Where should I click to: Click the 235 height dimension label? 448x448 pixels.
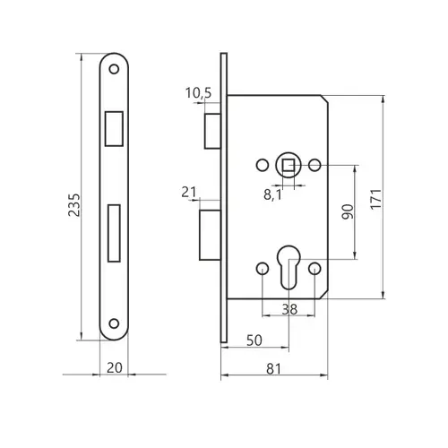(x=74, y=205)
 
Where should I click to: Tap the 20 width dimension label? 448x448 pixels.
(x=115, y=367)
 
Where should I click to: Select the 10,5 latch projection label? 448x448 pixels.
(x=198, y=93)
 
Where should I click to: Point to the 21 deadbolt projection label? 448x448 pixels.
(x=189, y=192)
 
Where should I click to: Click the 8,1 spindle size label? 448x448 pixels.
(x=272, y=194)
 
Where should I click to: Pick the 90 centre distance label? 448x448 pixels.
(x=348, y=211)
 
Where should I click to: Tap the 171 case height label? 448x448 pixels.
(x=376, y=199)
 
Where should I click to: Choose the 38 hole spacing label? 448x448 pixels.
(x=289, y=309)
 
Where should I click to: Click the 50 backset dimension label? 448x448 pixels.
(x=254, y=340)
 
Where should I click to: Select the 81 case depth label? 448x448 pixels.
(x=273, y=369)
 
